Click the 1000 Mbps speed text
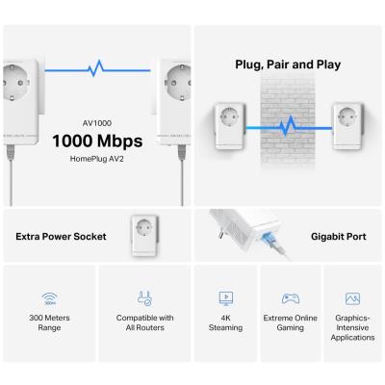coord(99,142)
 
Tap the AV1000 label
coord(99,122)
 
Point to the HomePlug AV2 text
coord(99,162)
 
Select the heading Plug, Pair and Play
coord(288,65)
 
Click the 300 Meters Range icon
coord(48,299)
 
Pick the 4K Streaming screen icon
coord(225,298)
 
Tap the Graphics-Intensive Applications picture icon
coord(352,298)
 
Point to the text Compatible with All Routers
coord(144,322)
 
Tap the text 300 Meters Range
coord(48,322)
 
